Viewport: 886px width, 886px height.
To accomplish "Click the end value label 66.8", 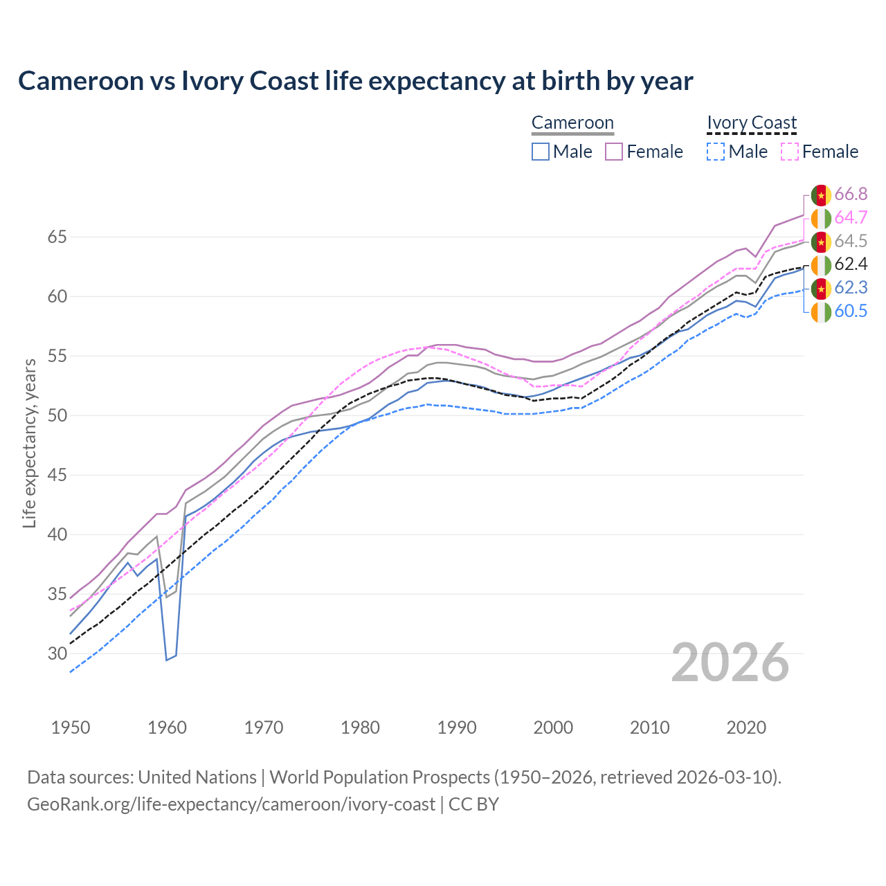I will tap(851, 195).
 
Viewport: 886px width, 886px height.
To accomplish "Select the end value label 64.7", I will tap(851, 218).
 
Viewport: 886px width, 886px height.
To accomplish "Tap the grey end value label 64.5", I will tap(851, 242).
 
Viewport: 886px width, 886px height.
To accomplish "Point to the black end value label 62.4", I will tap(851, 264).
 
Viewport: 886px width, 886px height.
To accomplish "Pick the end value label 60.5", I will tap(851, 311).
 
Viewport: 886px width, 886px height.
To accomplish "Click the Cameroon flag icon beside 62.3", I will tap(821, 289).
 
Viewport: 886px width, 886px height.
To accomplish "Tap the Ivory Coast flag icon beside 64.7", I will tap(821, 219).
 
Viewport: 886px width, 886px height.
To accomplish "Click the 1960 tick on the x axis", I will tap(168, 727).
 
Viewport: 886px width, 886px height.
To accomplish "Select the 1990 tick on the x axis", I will tap(457, 727).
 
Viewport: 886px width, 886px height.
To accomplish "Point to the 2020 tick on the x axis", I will tap(746, 727).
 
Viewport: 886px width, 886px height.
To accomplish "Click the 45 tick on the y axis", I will tap(57, 476).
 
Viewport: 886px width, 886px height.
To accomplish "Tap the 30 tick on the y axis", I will tap(57, 654).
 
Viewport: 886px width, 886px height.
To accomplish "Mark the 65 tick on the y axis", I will tap(57, 237).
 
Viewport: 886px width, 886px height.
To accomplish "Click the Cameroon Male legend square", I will tap(541, 152).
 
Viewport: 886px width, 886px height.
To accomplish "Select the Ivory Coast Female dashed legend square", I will tap(790, 152).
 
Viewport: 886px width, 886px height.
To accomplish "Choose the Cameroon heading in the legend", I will tap(572, 123).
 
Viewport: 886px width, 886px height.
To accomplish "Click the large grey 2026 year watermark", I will tap(730, 662).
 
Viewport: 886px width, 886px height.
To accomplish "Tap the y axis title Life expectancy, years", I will tap(29, 443).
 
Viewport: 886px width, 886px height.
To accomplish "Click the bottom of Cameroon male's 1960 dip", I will tap(167, 660).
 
